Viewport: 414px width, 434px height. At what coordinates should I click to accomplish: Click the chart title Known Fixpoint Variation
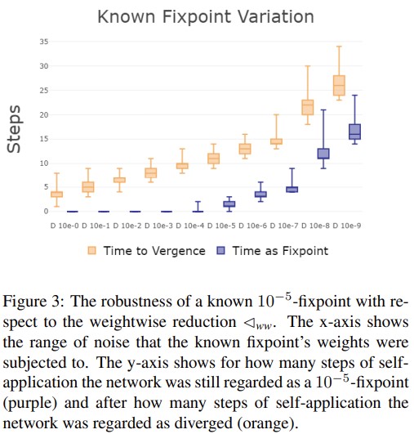(206, 16)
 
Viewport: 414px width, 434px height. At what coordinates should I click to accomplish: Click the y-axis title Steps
(14, 129)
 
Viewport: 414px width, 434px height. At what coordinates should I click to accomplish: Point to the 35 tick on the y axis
(44, 42)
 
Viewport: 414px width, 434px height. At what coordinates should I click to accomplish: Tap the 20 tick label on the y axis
(44, 115)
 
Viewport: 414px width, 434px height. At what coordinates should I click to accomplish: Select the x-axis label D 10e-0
(65, 226)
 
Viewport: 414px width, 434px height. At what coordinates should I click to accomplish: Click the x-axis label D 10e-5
(221, 226)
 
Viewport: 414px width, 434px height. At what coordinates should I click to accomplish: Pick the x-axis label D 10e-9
(347, 226)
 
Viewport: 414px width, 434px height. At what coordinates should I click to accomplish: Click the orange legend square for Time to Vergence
(91, 250)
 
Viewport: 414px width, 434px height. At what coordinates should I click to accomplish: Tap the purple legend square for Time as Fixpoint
(220, 250)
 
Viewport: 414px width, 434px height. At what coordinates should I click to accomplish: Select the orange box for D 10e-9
(339, 85)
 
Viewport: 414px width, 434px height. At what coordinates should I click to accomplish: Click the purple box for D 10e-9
(355, 132)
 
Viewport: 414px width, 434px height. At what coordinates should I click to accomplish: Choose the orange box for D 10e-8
(308, 107)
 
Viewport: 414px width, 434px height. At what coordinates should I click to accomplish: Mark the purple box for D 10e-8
(323, 154)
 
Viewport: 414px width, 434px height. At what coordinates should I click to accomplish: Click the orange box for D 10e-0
(56, 195)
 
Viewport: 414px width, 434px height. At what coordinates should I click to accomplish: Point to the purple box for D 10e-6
(260, 195)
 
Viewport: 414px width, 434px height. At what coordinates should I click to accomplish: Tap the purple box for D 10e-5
(229, 204)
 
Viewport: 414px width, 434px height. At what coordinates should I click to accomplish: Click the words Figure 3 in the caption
(33, 302)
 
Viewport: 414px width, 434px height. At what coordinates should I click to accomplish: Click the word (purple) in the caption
(30, 403)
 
